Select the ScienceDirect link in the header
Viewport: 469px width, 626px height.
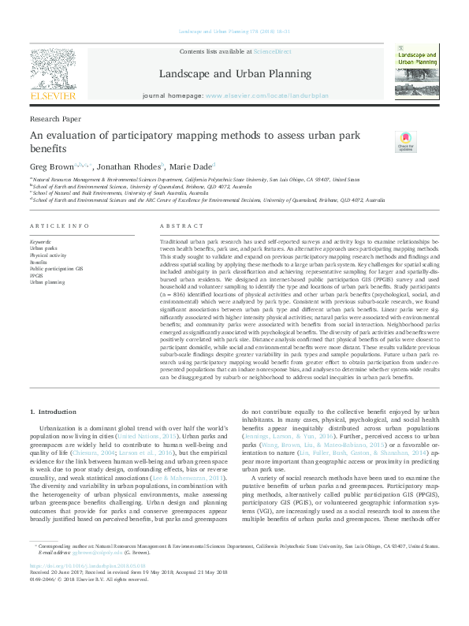(x=272, y=51)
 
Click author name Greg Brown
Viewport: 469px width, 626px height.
(x=50, y=166)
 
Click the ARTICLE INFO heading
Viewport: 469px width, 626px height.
(x=59, y=225)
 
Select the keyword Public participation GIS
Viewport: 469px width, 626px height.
(x=55, y=269)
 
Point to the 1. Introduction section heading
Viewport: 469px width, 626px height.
(x=54, y=412)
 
